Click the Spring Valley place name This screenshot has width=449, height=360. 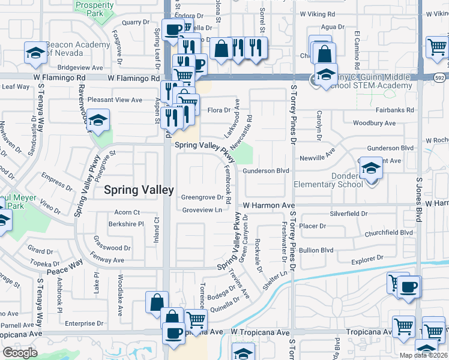point(140,190)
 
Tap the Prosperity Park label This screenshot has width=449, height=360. point(94,9)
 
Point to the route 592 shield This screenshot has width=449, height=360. point(439,77)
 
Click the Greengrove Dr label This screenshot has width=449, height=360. point(202,197)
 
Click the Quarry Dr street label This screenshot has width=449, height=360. point(135,22)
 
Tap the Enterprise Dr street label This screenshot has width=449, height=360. point(84,323)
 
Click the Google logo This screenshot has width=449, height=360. point(20,353)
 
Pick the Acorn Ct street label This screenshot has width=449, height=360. point(127,212)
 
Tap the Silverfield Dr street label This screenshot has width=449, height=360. point(348,214)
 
